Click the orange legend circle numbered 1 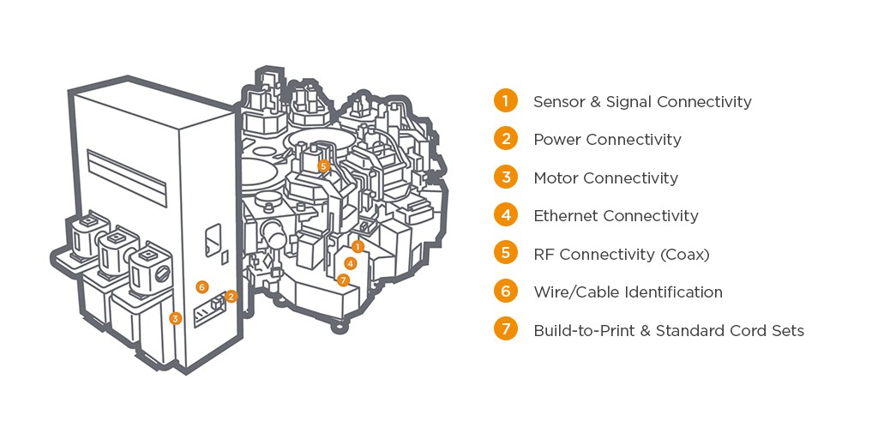pos(506,100)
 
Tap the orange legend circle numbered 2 pos(506,138)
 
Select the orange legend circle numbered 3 pos(506,177)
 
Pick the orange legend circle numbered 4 pos(506,214)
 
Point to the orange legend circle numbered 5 pos(506,253)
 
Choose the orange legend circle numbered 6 pos(506,291)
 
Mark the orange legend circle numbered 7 pos(506,329)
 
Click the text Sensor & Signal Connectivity pos(641,101)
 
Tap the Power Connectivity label pos(607,139)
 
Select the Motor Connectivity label pos(605,177)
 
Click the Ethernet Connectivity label pos(616,215)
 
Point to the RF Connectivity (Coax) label pos(622,254)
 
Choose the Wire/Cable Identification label pos(628,292)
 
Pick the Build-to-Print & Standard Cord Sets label pos(669,330)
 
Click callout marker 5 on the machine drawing pos(323,165)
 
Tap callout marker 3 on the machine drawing pos(176,318)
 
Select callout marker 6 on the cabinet pos(202,286)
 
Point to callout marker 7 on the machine pos(343,280)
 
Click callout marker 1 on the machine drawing pos(358,246)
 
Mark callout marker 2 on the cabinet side pos(232,296)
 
